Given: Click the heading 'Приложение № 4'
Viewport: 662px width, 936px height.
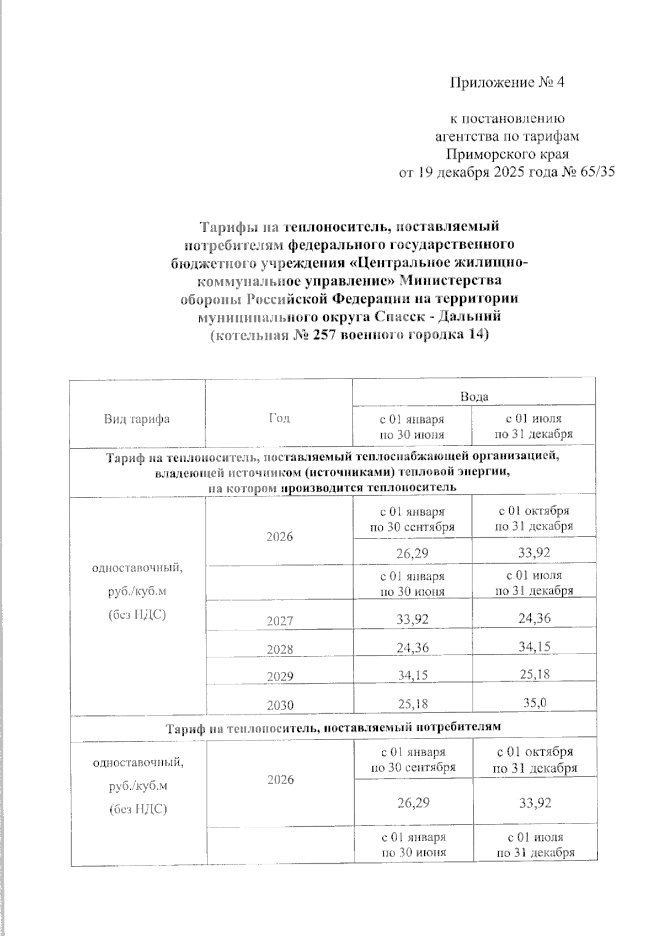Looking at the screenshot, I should point(508,83).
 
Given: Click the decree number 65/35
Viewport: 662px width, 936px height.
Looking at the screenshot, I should point(595,172).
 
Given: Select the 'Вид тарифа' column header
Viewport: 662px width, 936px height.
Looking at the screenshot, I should point(137,419).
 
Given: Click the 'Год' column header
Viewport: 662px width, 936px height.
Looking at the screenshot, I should point(279,418).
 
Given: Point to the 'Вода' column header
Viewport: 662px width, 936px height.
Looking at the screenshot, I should point(474,396).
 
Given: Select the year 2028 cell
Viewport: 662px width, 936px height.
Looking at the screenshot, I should point(279,649).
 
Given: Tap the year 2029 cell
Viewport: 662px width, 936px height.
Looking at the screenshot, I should point(279,677).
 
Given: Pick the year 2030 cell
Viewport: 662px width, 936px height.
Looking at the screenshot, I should point(279,705).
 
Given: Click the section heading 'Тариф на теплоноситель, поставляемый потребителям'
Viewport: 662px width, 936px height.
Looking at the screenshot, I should point(333,727).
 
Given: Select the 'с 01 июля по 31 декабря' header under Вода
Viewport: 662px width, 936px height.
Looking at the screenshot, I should point(533,427).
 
